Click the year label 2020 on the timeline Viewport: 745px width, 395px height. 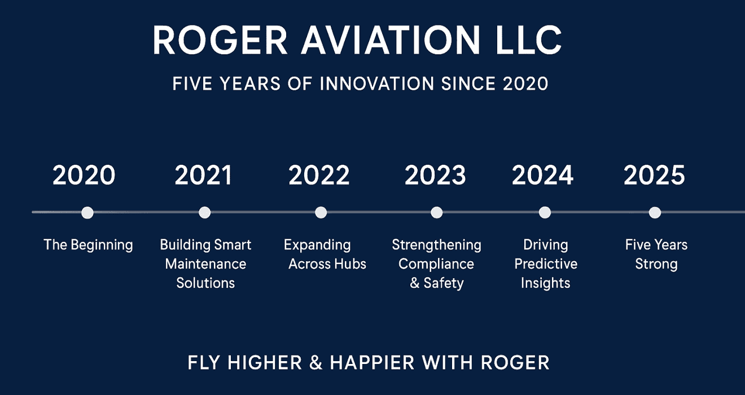[x=84, y=175]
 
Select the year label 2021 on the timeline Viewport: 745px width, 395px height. [x=203, y=175]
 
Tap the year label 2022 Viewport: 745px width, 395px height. [x=319, y=175]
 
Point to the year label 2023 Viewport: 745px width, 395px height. [x=435, y=175]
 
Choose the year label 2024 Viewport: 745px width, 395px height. [x=542, y=175]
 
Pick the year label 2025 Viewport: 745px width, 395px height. [x=654, y=175]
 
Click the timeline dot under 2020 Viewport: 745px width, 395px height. [x=87, y=213]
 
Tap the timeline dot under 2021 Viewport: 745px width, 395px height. [x=204, y=213]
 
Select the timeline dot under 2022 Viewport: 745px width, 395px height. [x=321, y=213]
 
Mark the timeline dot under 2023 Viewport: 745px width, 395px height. [x=437, y=213]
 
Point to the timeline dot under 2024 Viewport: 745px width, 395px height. [x=545, y=213]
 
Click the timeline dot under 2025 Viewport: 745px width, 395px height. [x=655, y=213]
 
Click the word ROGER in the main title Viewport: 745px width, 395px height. [x=220, y=40]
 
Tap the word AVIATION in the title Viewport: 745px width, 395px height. [x=391, y=40]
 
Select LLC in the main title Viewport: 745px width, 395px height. [x=529, y=40]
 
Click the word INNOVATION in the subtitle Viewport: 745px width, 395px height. [x=377, y=84]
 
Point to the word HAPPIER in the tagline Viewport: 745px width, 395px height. [x=372, y=362]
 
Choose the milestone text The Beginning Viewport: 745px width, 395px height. [x=88, y=245]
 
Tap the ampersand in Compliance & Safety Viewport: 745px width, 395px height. [x=414, y=283]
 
